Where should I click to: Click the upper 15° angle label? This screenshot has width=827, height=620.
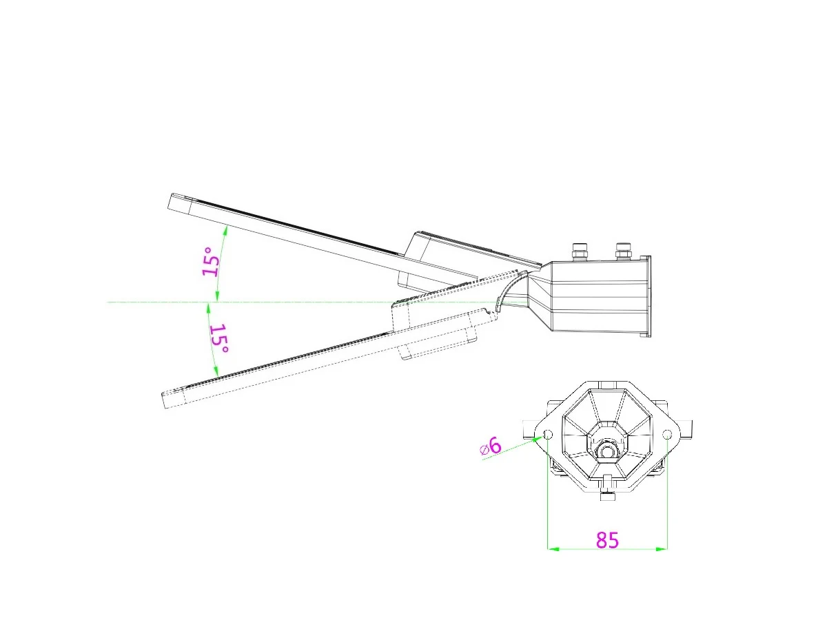click(211, 262)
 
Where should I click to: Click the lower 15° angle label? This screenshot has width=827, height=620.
click(219, 339)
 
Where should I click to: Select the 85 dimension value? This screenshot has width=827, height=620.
click(607, 540)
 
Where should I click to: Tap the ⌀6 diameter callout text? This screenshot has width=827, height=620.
click(490, 446)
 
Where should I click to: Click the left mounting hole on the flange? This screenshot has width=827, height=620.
click(548, 435)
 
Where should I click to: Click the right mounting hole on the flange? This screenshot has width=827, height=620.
click(667, 435)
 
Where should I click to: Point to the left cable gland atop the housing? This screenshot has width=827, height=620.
click(580, 252)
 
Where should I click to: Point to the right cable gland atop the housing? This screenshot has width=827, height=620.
click(623, 251)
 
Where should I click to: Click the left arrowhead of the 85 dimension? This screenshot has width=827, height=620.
click(552, 549)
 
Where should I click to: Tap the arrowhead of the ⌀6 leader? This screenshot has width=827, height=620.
click(540, 438)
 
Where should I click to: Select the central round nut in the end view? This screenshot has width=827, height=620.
click(607, 451)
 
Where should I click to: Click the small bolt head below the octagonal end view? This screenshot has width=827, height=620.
click(607, 497)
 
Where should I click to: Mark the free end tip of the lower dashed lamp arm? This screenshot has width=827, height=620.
click(163, 400)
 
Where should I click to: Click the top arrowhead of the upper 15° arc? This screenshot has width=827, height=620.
click(225, 228)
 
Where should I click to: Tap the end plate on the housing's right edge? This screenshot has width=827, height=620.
click(647, 296)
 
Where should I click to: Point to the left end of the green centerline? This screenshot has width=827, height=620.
click(107, 302)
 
